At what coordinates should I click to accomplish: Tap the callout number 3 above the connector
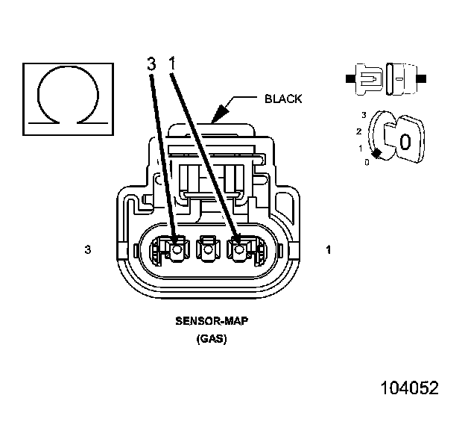point(151,65)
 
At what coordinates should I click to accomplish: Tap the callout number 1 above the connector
point(172,65)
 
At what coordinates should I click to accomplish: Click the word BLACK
point(283,99)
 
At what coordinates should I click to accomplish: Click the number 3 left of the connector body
point(88,250)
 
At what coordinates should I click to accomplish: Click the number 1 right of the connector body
point(329,250)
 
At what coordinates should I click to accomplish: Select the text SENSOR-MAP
point(212,322)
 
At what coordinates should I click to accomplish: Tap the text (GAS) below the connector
point(212,338)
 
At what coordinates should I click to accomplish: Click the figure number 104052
point(409,388)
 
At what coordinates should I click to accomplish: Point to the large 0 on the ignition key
point(405,142)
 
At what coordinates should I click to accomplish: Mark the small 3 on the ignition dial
point(363,114)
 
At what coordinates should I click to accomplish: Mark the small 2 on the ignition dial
point(359,131)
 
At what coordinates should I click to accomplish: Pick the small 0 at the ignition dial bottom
point(366,162)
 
